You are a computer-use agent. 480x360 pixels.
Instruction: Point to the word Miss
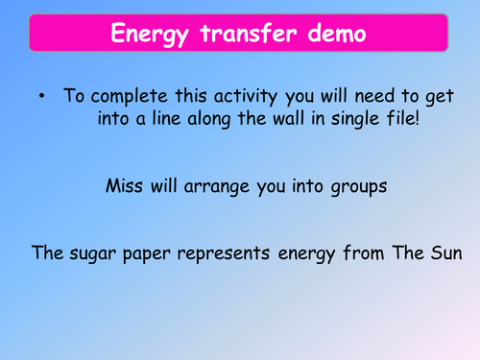129,186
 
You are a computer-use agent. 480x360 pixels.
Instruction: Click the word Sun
446,255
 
